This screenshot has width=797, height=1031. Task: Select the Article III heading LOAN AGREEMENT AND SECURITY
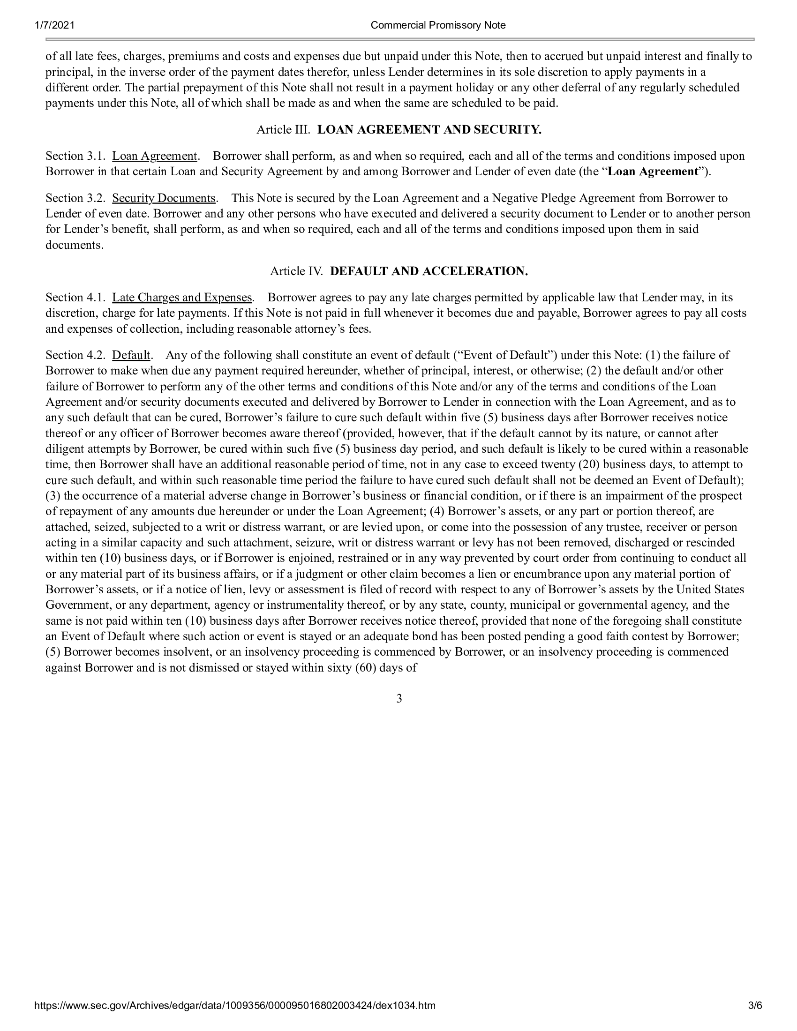click(429, 130)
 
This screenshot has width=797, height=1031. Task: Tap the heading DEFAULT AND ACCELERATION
click(429, 271)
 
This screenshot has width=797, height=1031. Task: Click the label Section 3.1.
click(75, 156)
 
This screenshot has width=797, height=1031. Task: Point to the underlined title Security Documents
click(163, 198)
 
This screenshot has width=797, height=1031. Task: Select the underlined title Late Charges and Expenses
click(182, 298)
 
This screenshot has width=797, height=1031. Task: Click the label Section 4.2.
click(75, 355)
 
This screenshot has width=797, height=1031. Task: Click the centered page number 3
click(399, 699)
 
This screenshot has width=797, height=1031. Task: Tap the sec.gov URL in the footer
click(235, 1015)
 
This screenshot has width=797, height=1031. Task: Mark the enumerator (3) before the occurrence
click(53, 496)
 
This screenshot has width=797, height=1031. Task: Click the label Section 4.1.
click(75, 298)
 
